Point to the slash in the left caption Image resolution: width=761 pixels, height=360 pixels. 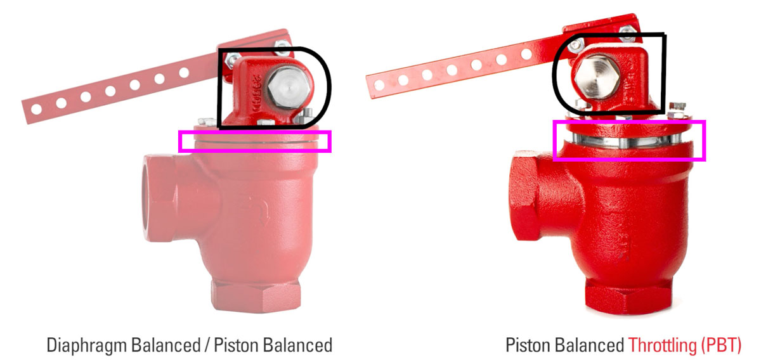(x=205, y=345)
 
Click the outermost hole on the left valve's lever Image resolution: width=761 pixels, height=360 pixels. (x=36, y=108)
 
